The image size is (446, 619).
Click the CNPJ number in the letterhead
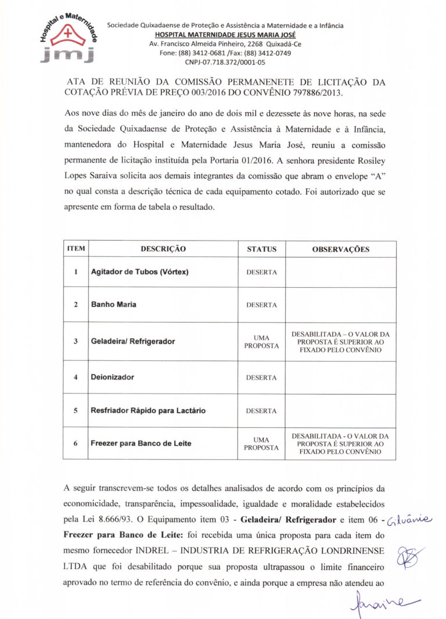(225, 62)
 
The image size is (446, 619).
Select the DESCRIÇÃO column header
(163, 249)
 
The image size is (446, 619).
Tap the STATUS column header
(261, 249)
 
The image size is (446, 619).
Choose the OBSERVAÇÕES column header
(340, 249)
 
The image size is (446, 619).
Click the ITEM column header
(76, 249)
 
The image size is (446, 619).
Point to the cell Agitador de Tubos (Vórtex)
(139, 272)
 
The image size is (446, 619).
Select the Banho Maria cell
(114, 305)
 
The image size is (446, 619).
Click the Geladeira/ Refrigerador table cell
(132, 341)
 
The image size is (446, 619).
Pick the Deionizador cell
(112, 377)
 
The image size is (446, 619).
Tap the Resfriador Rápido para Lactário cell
(148, 410)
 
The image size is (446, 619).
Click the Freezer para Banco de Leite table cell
(141, 443)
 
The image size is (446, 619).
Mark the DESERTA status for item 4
(261, 378)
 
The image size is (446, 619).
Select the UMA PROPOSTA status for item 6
(261, 443)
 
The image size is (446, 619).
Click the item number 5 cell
(76, 410)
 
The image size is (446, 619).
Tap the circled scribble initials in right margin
(409, 557)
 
